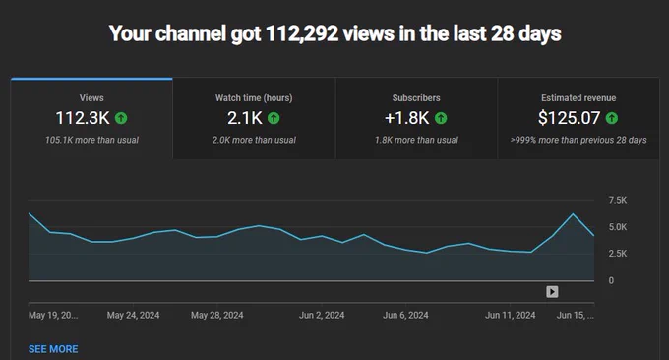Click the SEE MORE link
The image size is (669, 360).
[x=53, y=349]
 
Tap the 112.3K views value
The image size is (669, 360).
[x=83, y=118]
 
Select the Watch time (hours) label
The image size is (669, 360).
[x=254, y=98]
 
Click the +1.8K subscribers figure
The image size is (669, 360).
[x=406, y=118]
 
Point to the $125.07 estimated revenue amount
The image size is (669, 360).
[x=570, y=118]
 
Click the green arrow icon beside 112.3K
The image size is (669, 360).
[x=121, y=118]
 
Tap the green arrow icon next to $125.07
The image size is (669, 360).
[x=612, y=118]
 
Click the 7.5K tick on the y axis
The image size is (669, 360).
[x=618, y=200]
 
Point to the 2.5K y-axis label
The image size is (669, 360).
[x=618, y=254]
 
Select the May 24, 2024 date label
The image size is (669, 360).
[x=133, y=315]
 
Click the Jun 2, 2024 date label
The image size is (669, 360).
[x=322, y=315]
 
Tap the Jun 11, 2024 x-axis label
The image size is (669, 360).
[x=511, y=315]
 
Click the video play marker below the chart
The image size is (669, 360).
[x=552, y=292]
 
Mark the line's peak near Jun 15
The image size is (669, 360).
[x=573, y=214]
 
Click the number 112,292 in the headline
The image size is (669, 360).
[x=302, y=33]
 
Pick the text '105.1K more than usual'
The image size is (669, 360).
[x=91, y=140]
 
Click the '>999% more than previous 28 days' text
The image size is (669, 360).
[x=578, y=140]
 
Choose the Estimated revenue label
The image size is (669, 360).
[x=578, y=98]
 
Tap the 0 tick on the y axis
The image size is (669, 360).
[x=611, y=280]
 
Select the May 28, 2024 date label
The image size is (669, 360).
[x=216, y=315]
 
